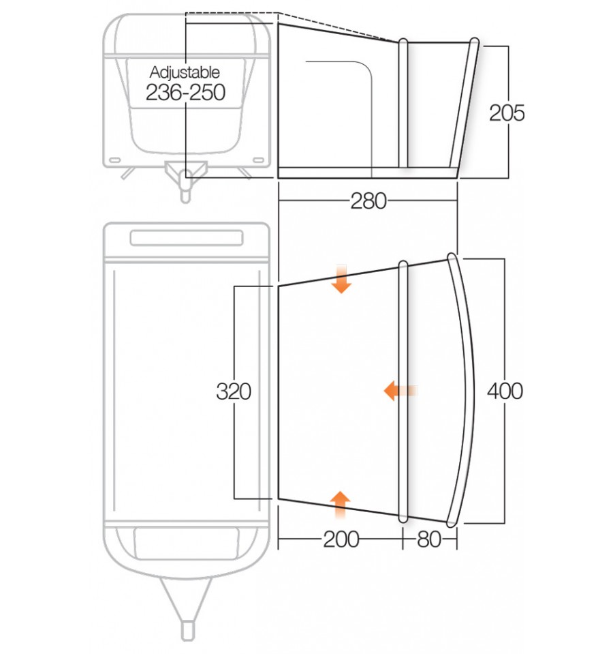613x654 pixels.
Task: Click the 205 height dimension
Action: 507,113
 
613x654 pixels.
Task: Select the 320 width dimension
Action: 234,392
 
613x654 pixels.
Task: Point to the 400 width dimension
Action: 505,391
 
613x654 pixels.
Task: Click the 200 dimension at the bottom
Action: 341,539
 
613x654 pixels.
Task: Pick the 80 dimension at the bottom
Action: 428,539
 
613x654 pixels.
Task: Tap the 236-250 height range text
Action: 185,92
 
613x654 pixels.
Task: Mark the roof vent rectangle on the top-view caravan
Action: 186,239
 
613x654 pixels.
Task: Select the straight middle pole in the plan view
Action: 403,391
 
